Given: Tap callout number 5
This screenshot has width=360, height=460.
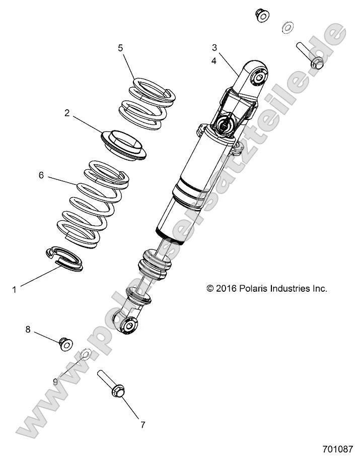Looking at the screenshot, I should [x=120, y=48].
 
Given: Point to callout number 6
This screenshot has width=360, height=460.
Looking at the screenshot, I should [x=41, y=175].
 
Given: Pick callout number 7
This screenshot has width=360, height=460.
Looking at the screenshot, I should [x=142, y=425].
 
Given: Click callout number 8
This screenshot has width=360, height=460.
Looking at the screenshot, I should [x=28, y=330].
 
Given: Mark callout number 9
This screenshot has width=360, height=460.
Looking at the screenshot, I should [x=55, y=381].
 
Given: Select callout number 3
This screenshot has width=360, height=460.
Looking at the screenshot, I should [x=214, y=48].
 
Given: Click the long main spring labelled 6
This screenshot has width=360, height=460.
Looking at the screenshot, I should [x=93, y=204].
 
